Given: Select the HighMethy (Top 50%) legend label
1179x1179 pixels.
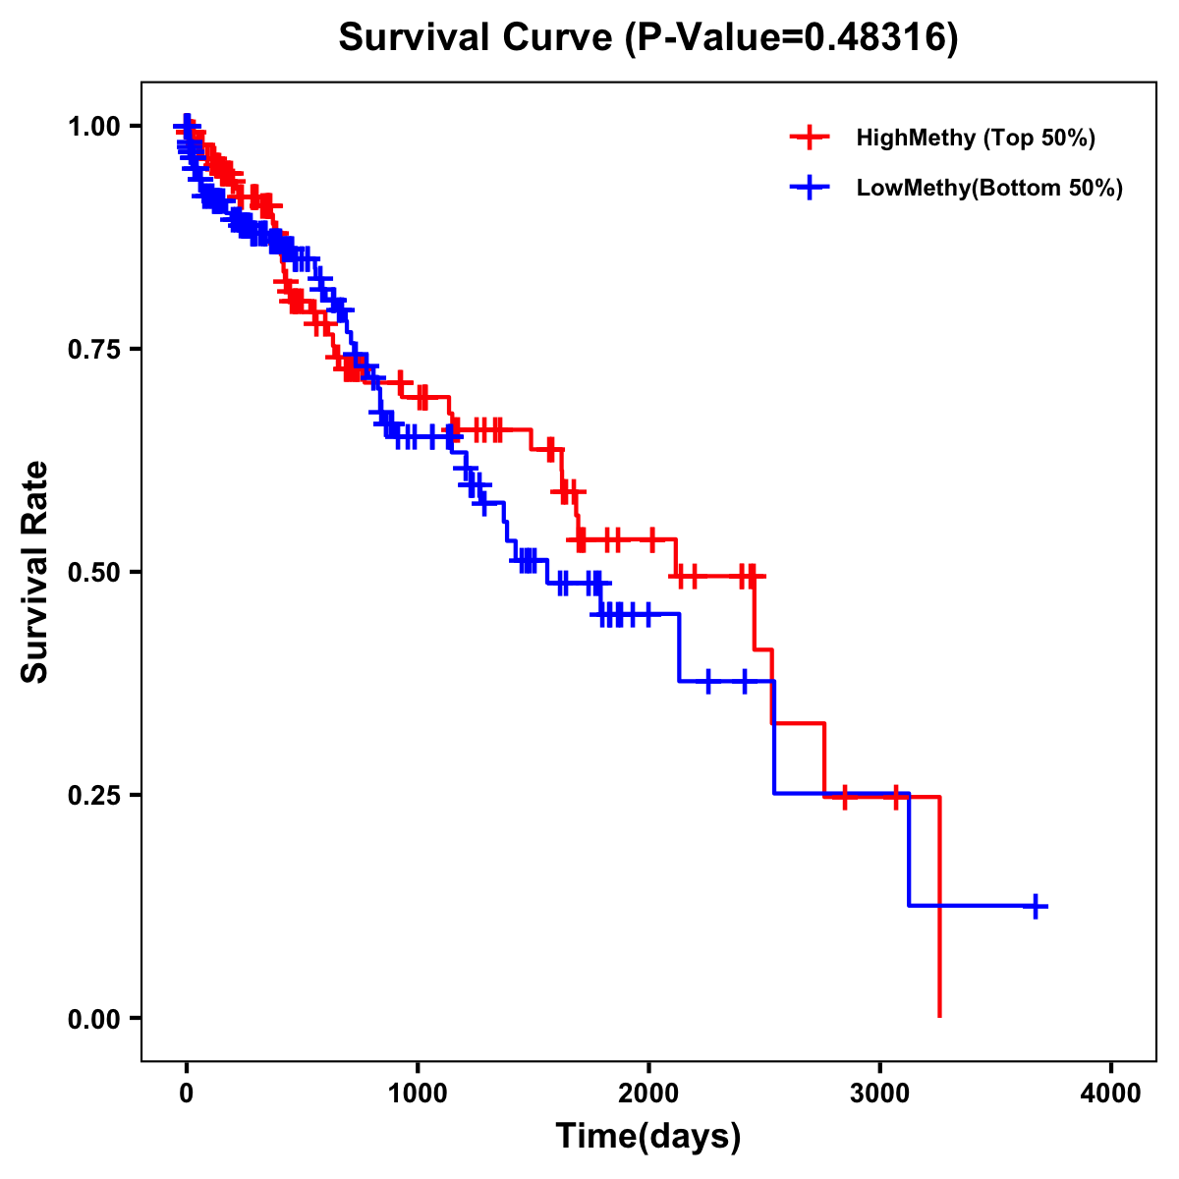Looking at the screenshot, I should [x=975, y=138].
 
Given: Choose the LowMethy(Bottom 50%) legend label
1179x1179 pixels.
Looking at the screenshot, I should [x=989, y=189].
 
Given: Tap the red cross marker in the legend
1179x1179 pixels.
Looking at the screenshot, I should [x=810, y=138].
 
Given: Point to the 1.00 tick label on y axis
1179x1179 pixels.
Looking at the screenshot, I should [x=93, y=127].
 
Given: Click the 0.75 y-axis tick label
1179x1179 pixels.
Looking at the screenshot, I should [x=93, y=350].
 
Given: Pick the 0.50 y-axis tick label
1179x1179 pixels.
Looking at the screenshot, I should [x=93, y=573].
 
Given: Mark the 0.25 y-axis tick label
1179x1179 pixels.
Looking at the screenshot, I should [x=93, y=796].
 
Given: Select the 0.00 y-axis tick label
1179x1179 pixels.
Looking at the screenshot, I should [x=93, y=1019].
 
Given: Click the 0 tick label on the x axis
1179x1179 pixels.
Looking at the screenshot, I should [x=187, y=1093].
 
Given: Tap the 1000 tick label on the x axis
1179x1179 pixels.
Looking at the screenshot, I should [x=418, y=1093].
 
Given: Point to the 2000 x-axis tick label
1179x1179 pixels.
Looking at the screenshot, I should [x=648, y=1093].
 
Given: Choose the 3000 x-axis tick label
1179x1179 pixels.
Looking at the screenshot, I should [x=880, y=1093].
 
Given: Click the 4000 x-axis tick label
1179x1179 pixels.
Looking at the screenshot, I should [x=1111, y=1093].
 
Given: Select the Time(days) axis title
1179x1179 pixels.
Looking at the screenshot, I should [x=648, y=1137].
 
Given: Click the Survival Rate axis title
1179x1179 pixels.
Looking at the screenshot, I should [x=35, y=572].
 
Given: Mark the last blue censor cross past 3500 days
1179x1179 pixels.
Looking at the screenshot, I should [x=1035, y=906].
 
